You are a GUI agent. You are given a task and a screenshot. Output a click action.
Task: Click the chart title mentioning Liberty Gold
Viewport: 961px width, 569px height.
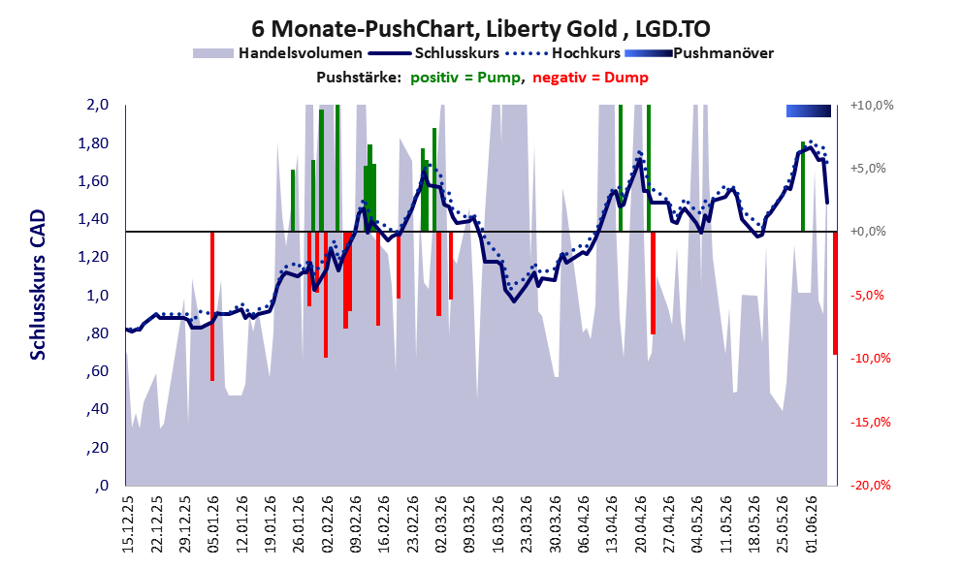click(481, 29)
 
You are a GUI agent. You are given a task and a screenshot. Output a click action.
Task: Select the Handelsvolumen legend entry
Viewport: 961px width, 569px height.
click(277, 53)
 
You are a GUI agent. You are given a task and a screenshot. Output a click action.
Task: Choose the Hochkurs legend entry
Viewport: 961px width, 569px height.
click(562, 53)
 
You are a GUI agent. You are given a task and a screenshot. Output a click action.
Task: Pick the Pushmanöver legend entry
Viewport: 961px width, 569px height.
click(699, 53)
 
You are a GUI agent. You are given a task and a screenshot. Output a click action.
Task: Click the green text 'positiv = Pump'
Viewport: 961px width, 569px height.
click(466, 78)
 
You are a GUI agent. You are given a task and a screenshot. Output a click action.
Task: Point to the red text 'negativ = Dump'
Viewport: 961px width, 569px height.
click(591, 78)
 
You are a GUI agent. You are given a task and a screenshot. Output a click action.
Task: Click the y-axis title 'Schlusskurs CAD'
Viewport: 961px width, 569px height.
click(38, 285)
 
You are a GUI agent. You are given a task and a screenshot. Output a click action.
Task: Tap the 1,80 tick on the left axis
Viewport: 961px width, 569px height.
click(95, 143)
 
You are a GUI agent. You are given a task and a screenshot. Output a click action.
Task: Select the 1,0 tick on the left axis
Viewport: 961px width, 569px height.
click(97, 296)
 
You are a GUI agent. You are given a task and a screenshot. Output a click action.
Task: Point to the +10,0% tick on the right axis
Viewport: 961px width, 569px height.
click(872, 106)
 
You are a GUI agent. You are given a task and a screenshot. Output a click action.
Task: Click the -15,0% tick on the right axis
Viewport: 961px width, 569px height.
click(870, 422)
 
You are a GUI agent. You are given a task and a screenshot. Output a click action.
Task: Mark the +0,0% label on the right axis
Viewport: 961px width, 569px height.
click(868, 232)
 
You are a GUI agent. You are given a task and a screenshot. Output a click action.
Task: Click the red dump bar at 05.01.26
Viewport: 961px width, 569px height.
click(212, 306)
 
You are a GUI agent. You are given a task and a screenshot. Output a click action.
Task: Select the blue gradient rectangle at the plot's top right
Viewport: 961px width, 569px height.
click(809, 111)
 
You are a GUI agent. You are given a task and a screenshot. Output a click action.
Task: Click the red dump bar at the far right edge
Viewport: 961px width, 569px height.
click(835, 293)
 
